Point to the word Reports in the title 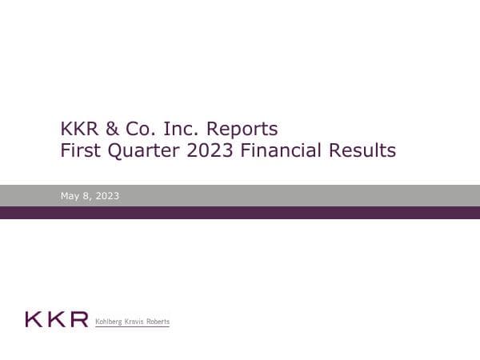coord(242,128)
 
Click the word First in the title coord(81,150)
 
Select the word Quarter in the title coord(144,150)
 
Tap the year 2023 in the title coord(210,150)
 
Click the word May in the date coord(70,196)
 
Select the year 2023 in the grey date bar coord(106,196)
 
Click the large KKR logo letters coord(56,320)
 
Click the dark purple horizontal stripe coord(240,213)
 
